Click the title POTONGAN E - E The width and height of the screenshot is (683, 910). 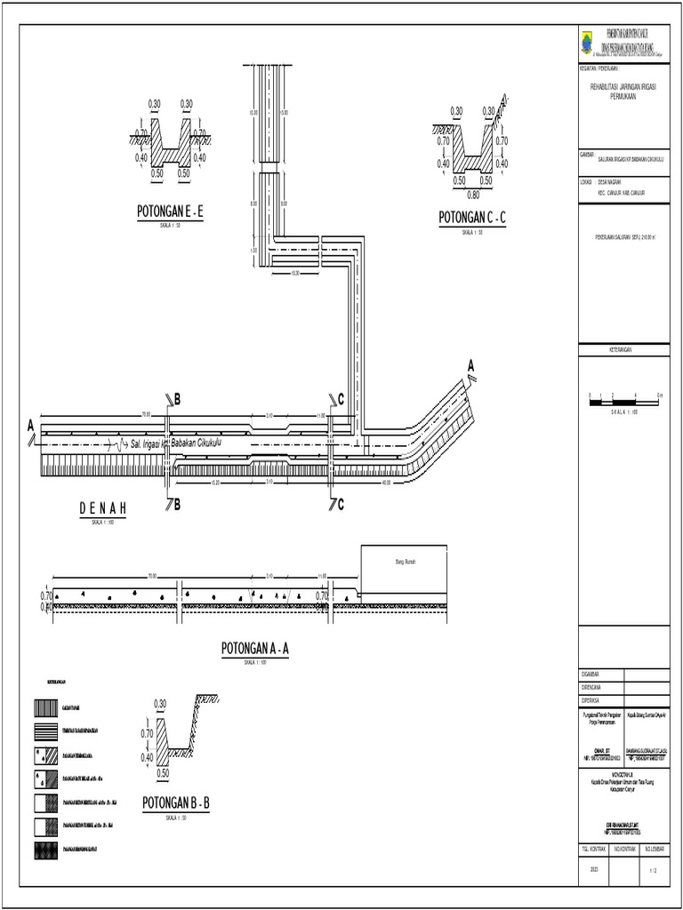click(x=170, y=212)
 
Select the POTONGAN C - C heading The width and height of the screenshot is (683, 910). click(x=471, y=218)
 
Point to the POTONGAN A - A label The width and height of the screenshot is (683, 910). click(x=254, y=650)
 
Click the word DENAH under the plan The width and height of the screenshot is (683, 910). click(x=103, y=508)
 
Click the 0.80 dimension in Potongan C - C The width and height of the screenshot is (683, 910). click(x=473, y=194)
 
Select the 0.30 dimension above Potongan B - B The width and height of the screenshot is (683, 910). click(x=160, y=704)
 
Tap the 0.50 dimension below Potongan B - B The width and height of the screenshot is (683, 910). click(x=163, y=773)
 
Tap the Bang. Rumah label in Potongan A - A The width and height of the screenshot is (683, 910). click(x=405, y=561)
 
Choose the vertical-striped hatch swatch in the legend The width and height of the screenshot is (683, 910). click(x=46, y=708)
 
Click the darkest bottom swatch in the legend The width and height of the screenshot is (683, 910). click(x=46, y=850)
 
